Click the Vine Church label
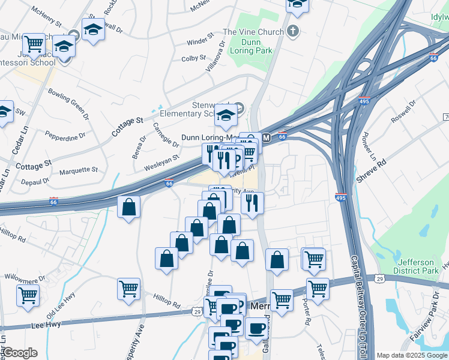click(x=253, y=32)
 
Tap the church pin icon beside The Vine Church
click(x=293, y=31)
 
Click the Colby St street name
click(x=194, y=58)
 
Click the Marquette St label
click(x=78, y=171)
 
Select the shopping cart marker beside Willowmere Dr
click(x=28, y=295)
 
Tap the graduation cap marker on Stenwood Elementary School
click(x=226, y=115)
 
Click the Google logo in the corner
click(x=20, y=353)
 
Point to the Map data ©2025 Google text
click(x=412, y=355)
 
